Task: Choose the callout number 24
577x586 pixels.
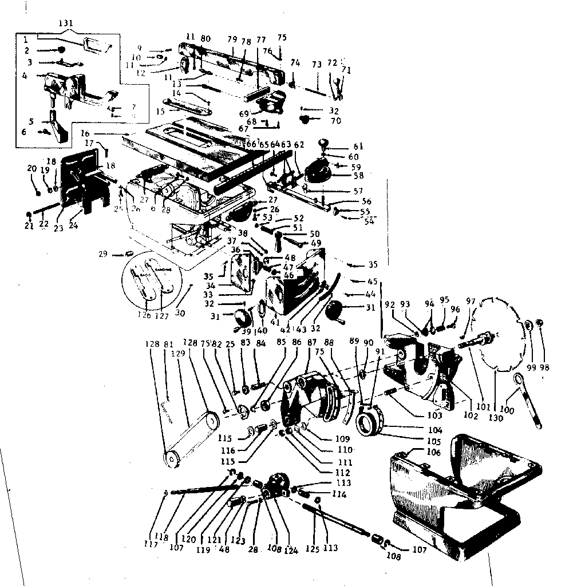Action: point(73,225)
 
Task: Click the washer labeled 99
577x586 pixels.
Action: point(529,326)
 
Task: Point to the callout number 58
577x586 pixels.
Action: point(358,176)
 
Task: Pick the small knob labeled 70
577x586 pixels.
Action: point(304,120)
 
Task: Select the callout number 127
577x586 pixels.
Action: point(164,315)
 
